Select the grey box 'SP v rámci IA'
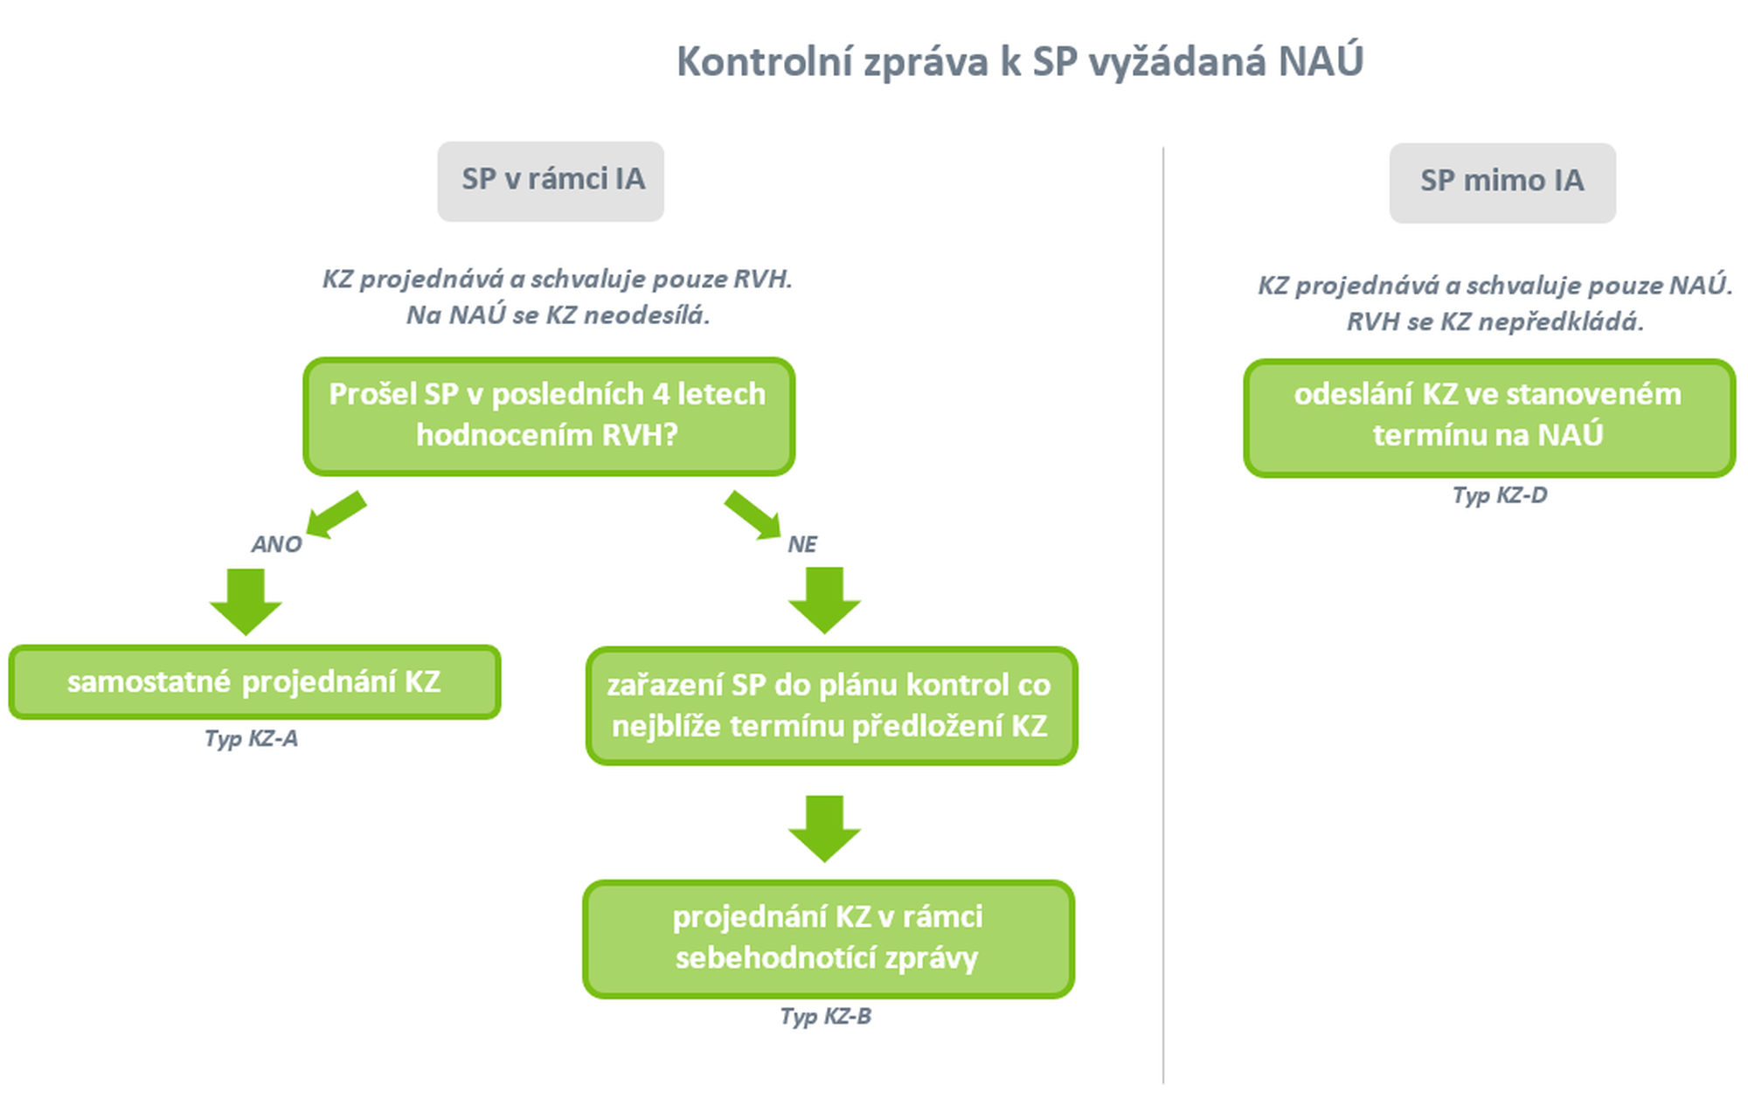551,181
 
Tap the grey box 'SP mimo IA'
1502,183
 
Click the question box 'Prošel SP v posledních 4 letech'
549,416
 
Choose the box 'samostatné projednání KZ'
254,682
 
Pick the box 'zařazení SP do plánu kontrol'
831,706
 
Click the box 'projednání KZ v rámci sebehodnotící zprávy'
829,938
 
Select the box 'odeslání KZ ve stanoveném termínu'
1489,418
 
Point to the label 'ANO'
276,544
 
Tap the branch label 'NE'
802,544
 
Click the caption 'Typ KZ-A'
251,739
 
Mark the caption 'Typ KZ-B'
825,1017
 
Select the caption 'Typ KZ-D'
1500,495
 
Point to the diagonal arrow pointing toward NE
753,515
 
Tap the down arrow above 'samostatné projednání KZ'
246,602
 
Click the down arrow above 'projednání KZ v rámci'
824,829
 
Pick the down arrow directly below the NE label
824,600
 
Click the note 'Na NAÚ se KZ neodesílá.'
558,315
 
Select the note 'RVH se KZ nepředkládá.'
1495,322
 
